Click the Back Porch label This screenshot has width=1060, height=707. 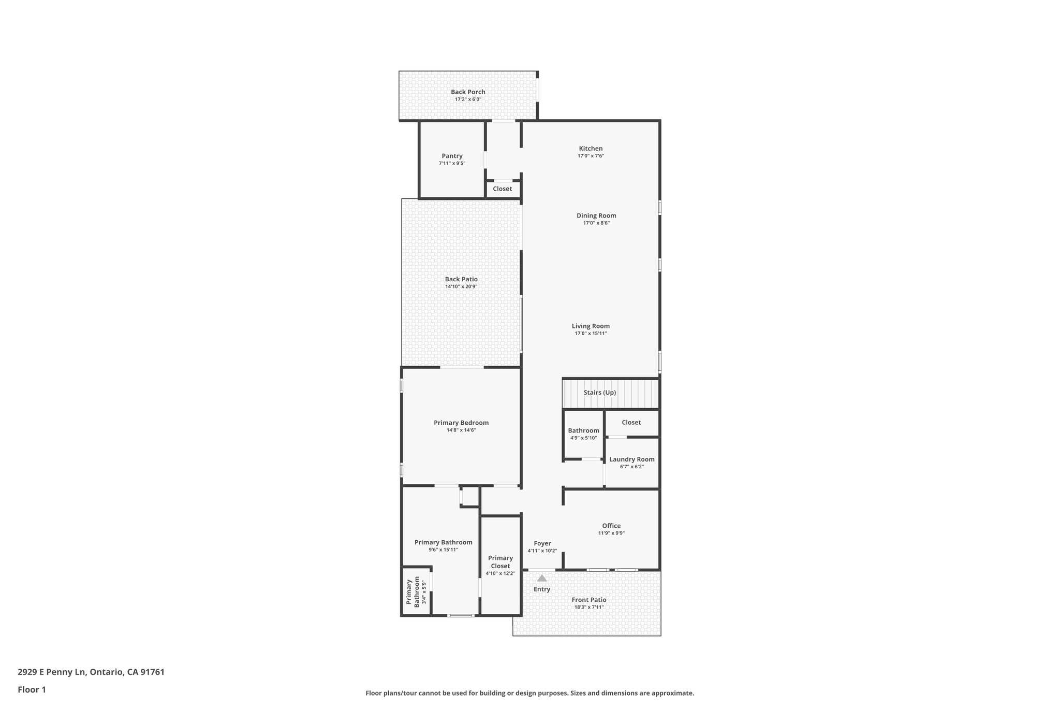click(468, 92)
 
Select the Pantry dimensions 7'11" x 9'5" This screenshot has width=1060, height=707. click(452, 163)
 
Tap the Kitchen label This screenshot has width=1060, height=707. click(591, 149)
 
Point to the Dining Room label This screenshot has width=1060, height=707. click(596, 215)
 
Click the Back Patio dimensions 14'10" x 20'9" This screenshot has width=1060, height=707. click(461, 286)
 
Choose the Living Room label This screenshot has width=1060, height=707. click(591, 326)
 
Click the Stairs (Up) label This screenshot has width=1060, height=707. click(599, 393)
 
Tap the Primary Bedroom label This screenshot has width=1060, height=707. click(461, 423)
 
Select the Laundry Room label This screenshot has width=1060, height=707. click(631, 459)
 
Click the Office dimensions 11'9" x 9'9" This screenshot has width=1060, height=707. click(611, 533)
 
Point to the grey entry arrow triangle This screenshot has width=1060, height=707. click(541, 578)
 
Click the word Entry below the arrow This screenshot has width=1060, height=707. click(542, 589)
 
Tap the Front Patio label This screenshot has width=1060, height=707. click(589, 600)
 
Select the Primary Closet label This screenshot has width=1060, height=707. click(500, 562)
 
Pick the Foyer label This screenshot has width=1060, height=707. click(542, 543)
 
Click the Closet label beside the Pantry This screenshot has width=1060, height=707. click(502, 189)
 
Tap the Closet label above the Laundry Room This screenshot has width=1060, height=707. click(631, 423)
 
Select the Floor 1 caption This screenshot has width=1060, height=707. click(32, 689)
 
